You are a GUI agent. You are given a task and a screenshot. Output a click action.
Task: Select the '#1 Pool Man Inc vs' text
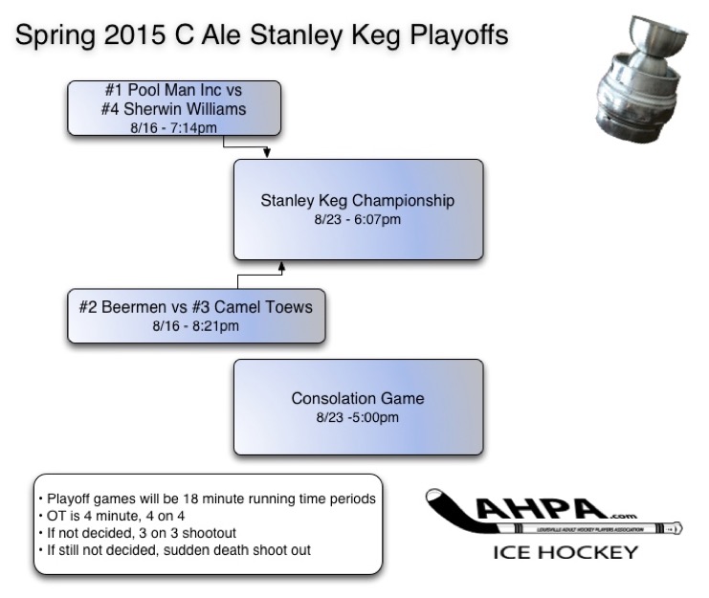coord(173,92)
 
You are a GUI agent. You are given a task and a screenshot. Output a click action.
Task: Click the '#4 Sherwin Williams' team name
coord(173,109)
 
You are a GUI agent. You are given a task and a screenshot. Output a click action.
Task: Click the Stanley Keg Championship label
coord(358,201)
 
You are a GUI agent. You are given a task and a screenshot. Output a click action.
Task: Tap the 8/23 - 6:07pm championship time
coord(358,219)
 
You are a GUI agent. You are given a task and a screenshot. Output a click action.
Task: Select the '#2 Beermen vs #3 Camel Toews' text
coord(195,307)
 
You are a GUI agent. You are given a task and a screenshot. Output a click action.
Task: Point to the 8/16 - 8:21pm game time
coord(195,325)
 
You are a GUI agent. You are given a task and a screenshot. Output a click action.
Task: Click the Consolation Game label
coord(358,398)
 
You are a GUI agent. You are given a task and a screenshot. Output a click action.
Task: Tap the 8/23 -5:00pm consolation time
coord(358,417)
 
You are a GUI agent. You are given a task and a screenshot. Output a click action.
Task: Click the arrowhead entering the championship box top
coord(266,153)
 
